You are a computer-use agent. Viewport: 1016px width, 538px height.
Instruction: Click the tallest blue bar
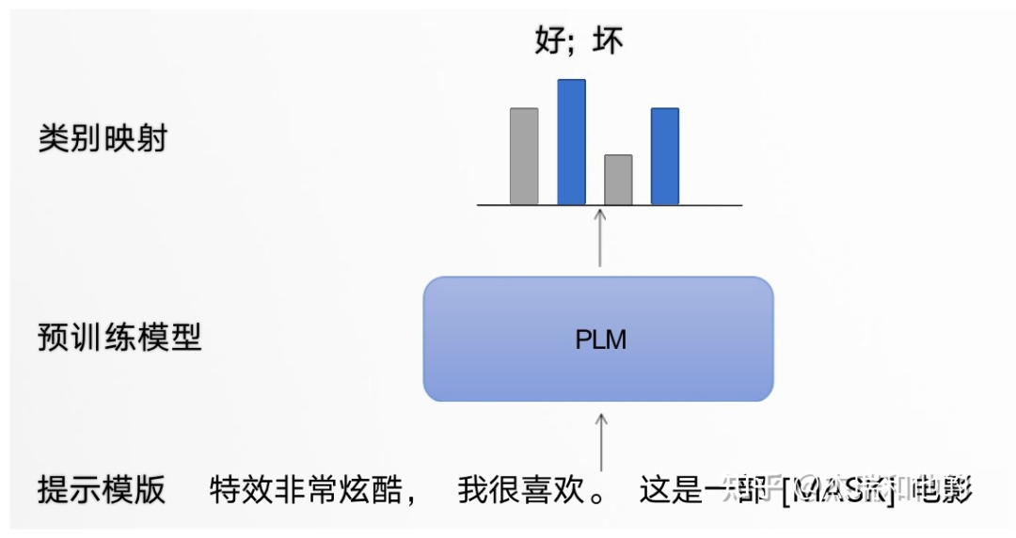571,141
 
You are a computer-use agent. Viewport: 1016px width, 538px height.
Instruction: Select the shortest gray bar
618,180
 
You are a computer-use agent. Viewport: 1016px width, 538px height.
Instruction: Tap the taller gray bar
524,156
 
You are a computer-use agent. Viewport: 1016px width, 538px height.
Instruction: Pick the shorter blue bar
665,156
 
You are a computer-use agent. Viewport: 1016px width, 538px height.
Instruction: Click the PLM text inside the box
600,340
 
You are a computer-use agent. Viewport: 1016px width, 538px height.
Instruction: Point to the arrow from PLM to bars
600,240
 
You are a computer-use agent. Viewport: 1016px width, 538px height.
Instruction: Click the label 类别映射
103,139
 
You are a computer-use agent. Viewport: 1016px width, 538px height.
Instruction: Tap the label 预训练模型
119,337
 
